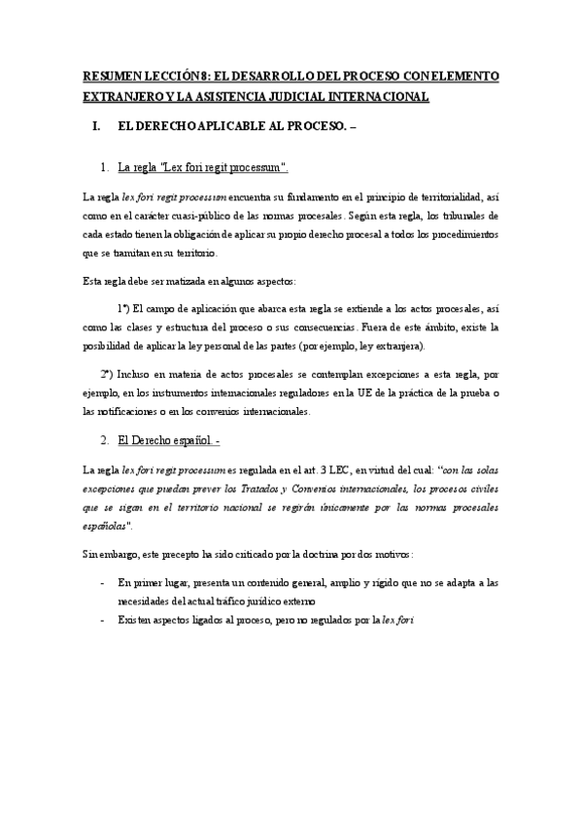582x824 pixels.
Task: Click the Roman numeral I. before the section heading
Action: point(95,127)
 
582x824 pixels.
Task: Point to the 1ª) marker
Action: point(124,309)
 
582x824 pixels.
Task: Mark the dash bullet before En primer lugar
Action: point(103,582)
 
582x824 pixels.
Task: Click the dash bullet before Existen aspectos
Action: point(103,618)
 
